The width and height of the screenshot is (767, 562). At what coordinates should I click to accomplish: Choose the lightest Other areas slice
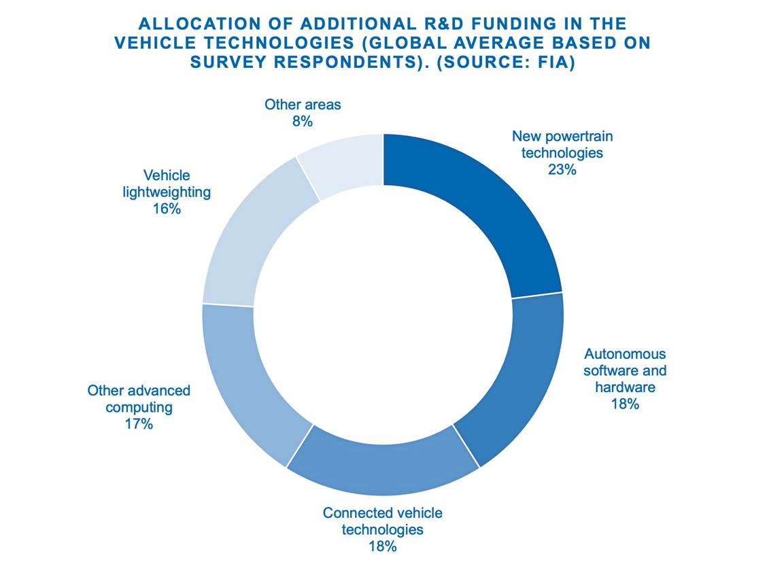343,163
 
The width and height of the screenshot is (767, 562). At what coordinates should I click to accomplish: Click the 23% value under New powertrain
562,170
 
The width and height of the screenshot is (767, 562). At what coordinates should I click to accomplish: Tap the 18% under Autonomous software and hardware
625,404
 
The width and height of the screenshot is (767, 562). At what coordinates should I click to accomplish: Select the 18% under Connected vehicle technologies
383,546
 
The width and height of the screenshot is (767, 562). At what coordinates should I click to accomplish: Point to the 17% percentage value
139,424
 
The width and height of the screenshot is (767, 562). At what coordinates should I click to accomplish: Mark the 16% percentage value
167,209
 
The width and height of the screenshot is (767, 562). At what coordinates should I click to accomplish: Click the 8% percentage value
303,122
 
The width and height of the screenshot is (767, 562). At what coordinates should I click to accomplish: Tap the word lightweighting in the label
167,192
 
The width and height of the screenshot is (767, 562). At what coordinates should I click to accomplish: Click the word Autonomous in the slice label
625,354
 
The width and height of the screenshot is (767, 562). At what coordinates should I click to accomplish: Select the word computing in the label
139,408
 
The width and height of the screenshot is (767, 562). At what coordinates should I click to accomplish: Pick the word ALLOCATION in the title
197,24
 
